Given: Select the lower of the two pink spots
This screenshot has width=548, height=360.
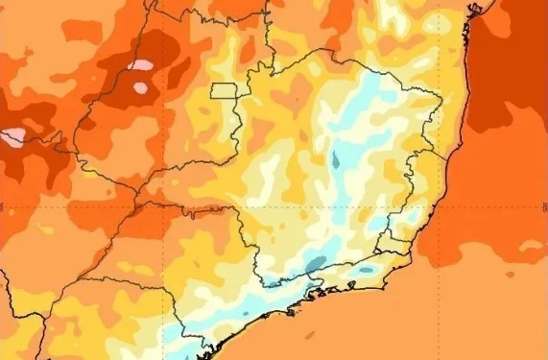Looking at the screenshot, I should point(141,88).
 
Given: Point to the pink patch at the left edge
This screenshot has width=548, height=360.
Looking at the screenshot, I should point(13,137).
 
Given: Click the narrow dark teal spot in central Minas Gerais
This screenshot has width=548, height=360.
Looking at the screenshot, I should point(334,158).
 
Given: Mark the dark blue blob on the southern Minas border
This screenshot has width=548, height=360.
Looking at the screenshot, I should point(314,262).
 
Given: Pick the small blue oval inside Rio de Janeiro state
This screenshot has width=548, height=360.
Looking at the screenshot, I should point(366,272).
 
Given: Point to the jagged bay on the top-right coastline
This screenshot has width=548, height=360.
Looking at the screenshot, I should point(472,12).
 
